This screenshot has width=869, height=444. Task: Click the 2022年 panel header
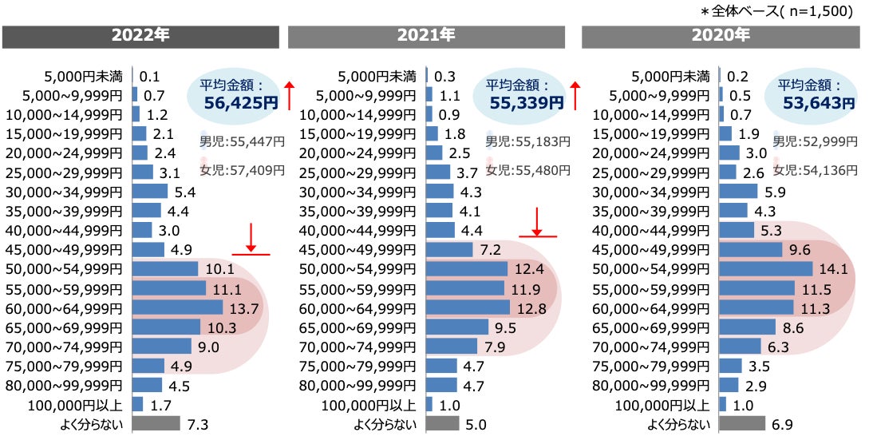[140, 36]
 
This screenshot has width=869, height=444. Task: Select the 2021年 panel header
[426, 36]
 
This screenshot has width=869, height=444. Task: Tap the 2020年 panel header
[720, 36]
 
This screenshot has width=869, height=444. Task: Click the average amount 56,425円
[240, 102]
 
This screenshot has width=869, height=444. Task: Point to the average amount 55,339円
[528, 102]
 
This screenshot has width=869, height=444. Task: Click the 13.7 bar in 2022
[177, 307]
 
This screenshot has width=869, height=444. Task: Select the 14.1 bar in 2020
[766, 269]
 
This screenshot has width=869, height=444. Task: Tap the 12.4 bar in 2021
[467, 269]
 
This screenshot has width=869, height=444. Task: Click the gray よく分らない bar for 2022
[155, 424]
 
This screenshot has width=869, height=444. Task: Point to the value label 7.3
[196, 424]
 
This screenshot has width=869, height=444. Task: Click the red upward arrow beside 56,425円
[290, 94]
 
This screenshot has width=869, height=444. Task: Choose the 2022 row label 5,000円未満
[84, 77]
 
